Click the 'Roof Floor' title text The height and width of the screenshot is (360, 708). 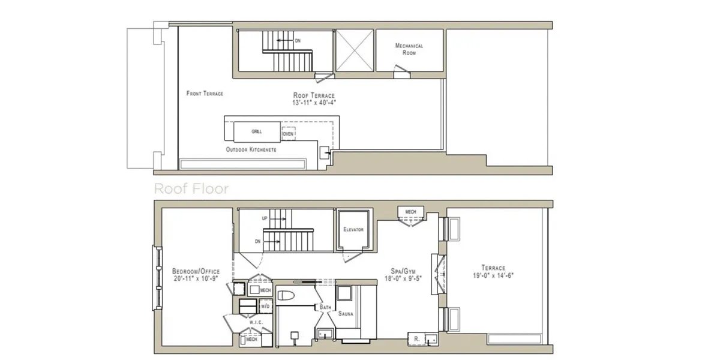(x=191, y=188)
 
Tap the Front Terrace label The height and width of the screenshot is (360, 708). (x=205, y=94)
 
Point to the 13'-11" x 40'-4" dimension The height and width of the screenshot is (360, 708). (x=314, y=103)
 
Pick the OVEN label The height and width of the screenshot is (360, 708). (x=288, y=134)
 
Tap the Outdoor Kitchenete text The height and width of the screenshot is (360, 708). (x=251, y=149)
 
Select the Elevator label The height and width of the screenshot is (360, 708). (x=353, y=230)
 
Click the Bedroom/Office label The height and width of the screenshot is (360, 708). (x=196, y=270)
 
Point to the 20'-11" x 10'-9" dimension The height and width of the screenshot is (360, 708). (x=196, y=278)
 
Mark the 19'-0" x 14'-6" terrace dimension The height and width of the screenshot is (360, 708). (x=493, y=276)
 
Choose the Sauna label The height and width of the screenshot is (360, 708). (x=346, y=313)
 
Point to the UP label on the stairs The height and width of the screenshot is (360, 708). (x=265, y=218)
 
